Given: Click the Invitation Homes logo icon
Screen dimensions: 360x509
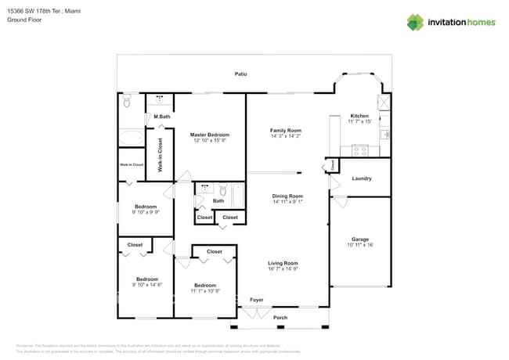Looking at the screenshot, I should click(414, 22).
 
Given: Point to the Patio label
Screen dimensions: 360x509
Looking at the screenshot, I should click(241, 74).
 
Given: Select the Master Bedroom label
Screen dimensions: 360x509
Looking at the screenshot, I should click(209, 135).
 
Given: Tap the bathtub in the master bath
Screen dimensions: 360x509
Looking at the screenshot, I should click(132, 139).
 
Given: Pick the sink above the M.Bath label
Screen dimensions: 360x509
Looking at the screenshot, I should click(161, 100).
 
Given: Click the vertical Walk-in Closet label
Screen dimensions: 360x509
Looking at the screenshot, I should click(160, 155).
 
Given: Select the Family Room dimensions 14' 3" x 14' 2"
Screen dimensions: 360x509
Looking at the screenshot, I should click(286, 136).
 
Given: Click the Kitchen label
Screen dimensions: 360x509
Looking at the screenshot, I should click(359, 116).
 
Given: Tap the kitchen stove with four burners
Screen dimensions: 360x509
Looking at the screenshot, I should click(360, 149).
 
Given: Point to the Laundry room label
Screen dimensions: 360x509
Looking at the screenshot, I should click(361, 178).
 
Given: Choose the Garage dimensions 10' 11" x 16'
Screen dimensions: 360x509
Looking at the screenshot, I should click(359, 245).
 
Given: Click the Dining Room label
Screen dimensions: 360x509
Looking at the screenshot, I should click(287, 196).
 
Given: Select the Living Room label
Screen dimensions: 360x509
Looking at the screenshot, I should click(283, 263).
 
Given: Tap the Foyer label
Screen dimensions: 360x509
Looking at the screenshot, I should click(256, 300).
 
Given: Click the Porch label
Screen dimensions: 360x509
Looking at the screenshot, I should click(280, 318).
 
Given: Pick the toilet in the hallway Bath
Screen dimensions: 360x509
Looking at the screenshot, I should click(222, 190).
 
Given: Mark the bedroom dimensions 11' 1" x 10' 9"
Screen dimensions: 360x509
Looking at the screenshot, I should click(205, 291).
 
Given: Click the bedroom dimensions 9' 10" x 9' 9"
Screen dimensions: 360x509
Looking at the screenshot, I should click(146, 212).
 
